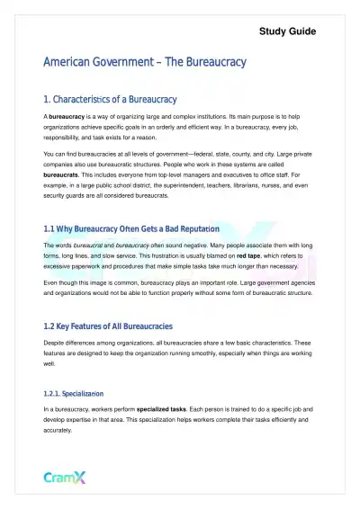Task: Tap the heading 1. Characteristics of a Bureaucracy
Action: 110,99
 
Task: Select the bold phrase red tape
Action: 249,256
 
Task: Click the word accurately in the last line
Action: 59,430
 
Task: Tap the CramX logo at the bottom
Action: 66,478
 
